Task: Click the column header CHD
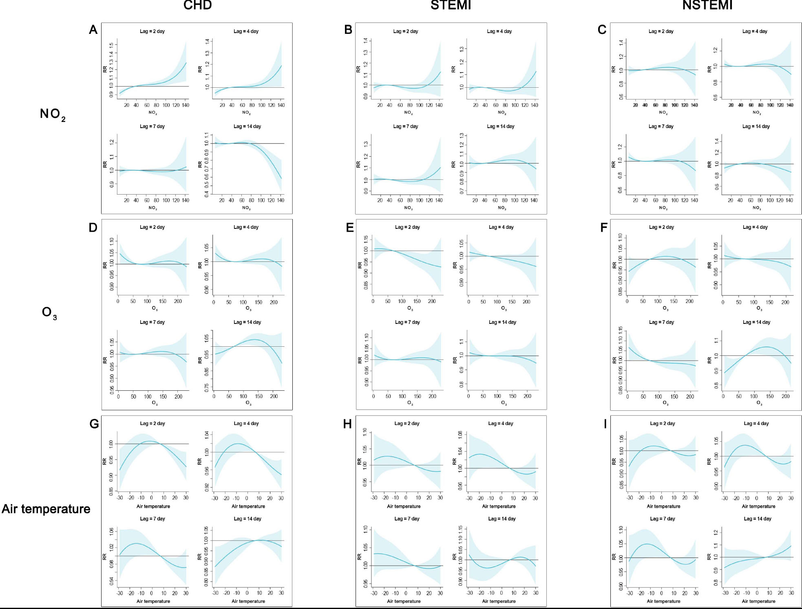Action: (197, 5)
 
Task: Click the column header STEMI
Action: (451, 5)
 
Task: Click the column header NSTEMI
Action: (707, 5)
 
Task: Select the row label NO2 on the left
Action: (53, 114)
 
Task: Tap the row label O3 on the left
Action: (49, 313)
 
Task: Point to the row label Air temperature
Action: (46, 509)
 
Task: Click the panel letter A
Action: (93, 30)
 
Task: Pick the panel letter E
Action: (350, 228)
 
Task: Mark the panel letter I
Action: (605, 424)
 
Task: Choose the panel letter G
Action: (94, 424)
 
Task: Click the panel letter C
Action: (602, 30)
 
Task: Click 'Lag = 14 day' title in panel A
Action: (247, 126)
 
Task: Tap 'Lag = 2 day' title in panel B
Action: (405, 31)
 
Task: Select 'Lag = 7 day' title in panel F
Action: (661, 322)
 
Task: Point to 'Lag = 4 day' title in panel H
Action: (500, 423)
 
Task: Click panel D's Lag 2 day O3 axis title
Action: (155, 309)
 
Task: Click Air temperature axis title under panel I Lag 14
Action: (758, 601)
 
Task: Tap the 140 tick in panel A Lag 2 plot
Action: (186, 105)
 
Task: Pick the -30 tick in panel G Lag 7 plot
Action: (119, 593)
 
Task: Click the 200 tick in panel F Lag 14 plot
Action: (785, 396)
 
